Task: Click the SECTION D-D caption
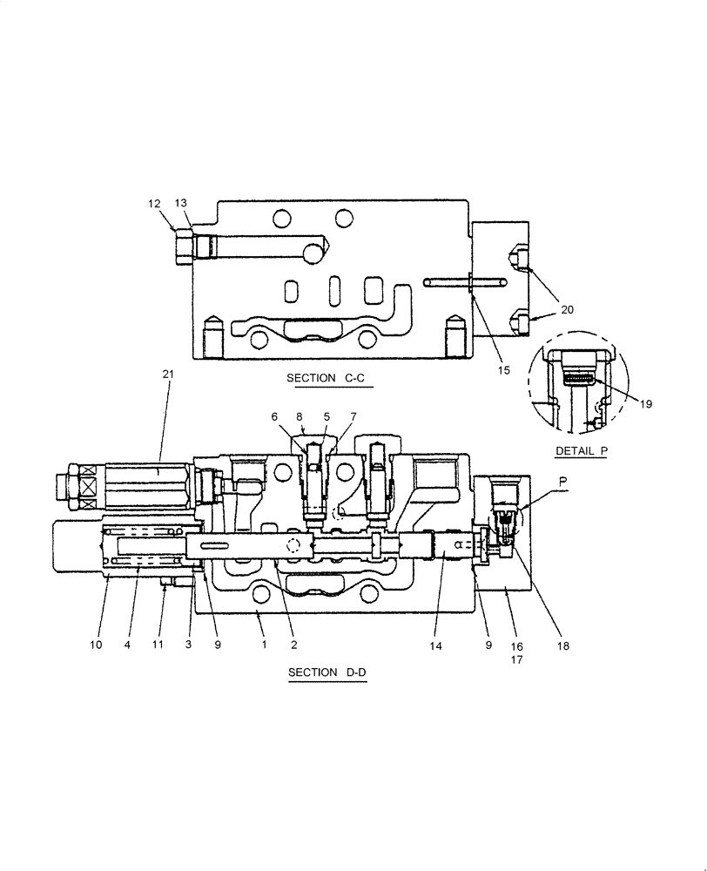tap(327, 672)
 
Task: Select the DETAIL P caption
tap(580, 450)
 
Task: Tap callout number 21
tap(168, 374)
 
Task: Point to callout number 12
tap(154, 204)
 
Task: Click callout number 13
tap(181, 204)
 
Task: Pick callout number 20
tap(568, 309)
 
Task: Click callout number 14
tap(436, 645)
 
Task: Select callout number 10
tap(97, 645)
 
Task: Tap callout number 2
tap(293, 645)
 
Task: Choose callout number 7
tap(353, 417)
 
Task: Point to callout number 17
tap(516, 659)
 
